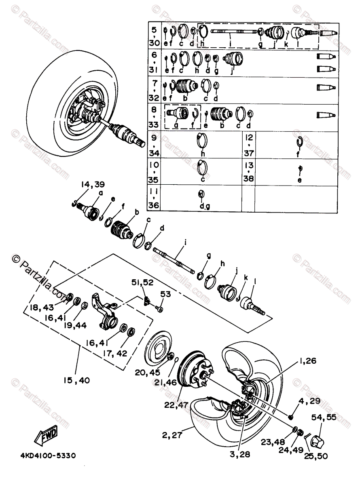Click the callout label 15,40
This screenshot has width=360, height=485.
pos(76,380)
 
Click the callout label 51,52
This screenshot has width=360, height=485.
pos(142,283)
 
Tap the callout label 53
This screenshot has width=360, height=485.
pos(165,294)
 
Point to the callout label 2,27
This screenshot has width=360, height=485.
pos(172,435)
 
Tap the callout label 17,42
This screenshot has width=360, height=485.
pos(116,353)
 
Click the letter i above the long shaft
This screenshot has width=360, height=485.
pos(185,242)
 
